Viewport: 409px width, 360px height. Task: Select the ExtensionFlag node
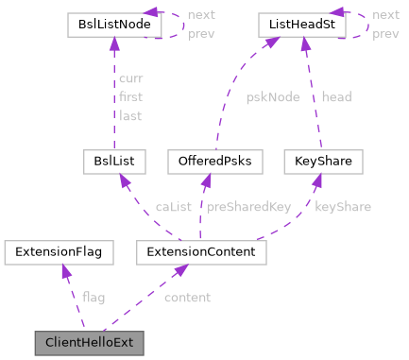point(59,252)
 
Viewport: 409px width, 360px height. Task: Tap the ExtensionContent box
point(202,252)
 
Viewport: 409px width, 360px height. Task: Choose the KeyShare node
point(324,162)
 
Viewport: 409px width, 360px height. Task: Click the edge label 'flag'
point(94,298)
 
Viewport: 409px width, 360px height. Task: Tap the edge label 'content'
point(187,298)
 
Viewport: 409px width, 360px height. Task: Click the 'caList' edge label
point(174,207)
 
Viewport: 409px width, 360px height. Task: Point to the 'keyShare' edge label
point(342,207)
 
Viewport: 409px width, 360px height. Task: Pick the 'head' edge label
point(337,96)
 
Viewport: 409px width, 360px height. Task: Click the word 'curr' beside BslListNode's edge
point(130,79)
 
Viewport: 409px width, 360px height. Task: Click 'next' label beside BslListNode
point(200,15)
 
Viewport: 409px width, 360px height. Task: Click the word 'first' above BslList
point(130,96)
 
